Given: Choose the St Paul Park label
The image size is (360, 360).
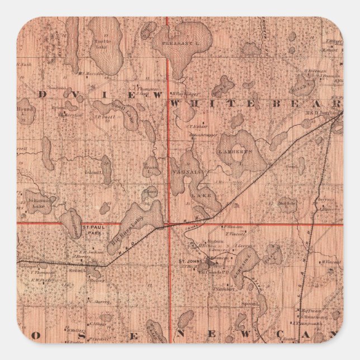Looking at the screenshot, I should tap(92, 230).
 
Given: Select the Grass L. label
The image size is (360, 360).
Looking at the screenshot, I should tap(150, 166).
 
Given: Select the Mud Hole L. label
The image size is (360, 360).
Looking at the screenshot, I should tap(287, 203).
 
